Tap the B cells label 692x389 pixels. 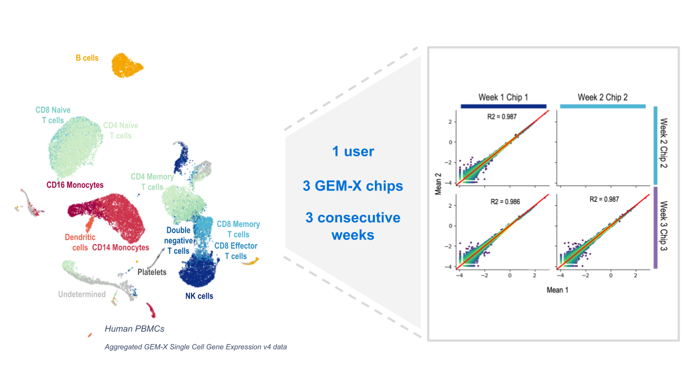(x=87, y=58)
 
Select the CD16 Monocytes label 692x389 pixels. (x=75, y=185)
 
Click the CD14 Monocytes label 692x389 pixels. (x=120, y=248)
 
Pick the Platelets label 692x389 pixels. (x=151, y=272)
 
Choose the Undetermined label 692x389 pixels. (x=82, y=294)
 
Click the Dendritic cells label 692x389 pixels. (x=80, y=242)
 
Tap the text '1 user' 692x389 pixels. (x=353, y=151)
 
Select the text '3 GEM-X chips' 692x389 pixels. (x=353, y=186)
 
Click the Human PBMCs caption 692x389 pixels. (x=134, y=329)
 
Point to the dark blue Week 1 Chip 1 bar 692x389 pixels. (x=503, y=107)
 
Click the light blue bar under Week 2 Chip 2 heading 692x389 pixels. (x=603, y=107)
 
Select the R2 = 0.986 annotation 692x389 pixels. (x=503, y=201)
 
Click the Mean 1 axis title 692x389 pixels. (x=557, y=289)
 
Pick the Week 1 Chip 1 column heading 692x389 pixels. (x=503, y=97)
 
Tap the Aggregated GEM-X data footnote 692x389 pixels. (x=195, y=347)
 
